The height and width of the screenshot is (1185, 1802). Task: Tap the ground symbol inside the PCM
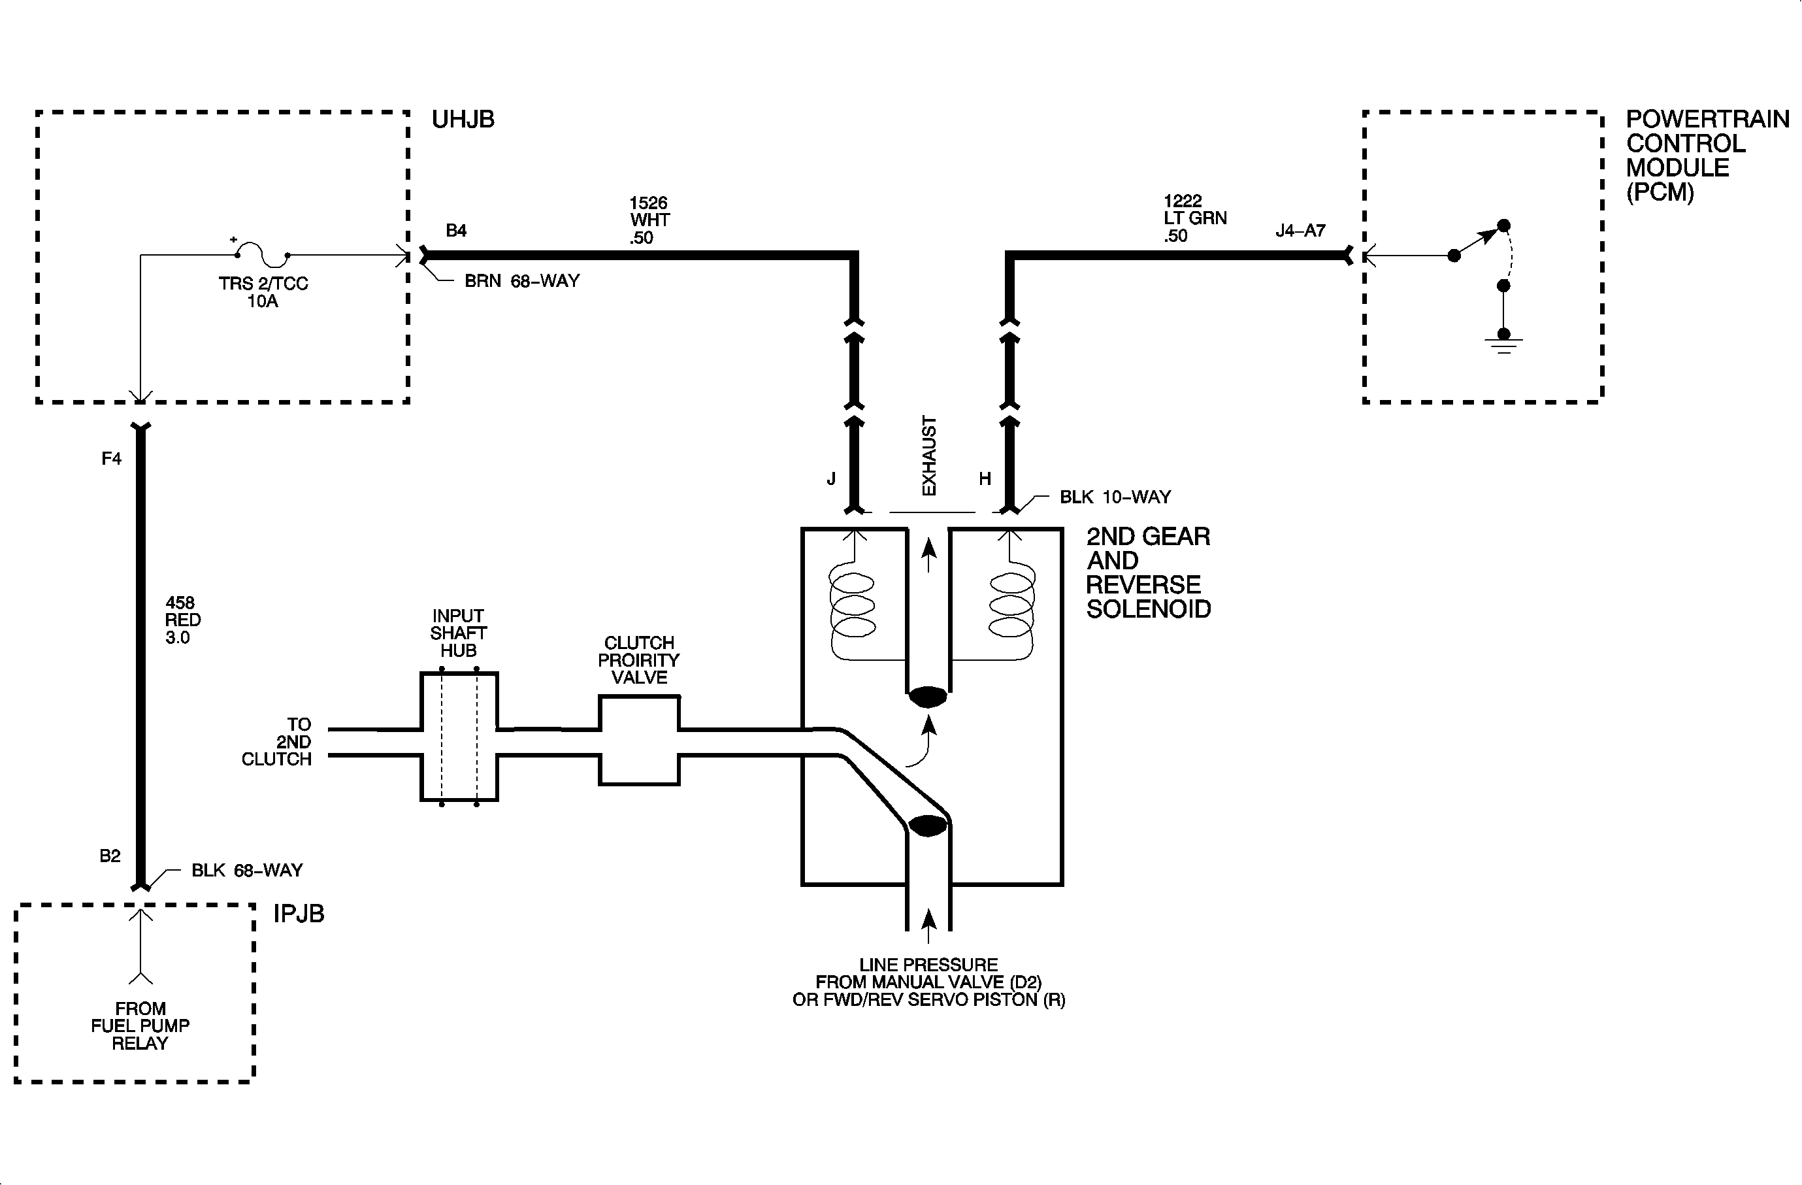1503,344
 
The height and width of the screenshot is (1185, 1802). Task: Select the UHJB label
463,120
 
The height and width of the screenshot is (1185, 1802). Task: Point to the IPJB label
299,914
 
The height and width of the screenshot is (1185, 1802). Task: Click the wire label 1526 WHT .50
649,220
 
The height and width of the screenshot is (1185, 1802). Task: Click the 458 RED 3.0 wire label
182,620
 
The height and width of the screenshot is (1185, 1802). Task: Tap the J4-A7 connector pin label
1300,230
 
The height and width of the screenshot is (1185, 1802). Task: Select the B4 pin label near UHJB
456,230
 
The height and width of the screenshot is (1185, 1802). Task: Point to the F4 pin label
111,458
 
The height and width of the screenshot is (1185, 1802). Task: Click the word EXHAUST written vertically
929,456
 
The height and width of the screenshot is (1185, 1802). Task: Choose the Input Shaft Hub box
459,737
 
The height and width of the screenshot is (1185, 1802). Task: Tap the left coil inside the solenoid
853,606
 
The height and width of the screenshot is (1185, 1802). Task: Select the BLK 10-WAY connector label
1115,497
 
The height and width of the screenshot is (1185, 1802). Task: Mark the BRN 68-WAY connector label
521,281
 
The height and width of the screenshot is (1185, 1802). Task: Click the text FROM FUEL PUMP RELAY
140,1026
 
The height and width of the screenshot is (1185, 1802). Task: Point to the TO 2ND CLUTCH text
278,742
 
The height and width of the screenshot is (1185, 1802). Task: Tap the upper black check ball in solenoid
928,697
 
